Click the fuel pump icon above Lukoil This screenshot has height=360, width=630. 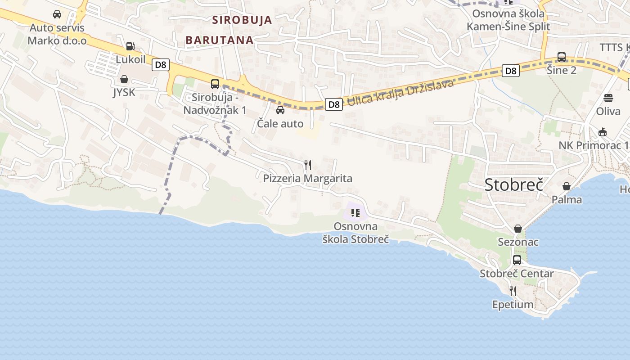pos(130,46)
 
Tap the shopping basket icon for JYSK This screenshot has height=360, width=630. pos(124,79)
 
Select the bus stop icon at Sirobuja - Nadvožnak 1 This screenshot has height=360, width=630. pos(215,84)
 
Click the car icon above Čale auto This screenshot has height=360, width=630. pos(280,110)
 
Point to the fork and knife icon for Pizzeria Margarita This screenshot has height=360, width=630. pos(308,165)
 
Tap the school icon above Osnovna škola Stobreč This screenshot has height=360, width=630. pos(355,212)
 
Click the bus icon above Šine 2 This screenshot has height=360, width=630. pos(562,57)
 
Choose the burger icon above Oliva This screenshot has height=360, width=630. pos(608,98)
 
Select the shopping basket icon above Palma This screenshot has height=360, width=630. pos(567,186)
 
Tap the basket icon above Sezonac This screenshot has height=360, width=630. pos(518,229)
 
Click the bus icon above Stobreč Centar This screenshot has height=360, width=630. pos(517,260)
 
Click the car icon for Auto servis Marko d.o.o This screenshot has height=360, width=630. pos(57,14)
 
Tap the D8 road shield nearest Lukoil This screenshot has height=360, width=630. pos(160,65)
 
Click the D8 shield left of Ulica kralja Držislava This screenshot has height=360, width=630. pos(333,104)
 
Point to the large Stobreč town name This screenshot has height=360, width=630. pos(514,184)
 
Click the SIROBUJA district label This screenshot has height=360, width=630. pos(242,20)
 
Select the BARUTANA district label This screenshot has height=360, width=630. pos(220,40)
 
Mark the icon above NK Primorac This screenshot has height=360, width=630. pos(603,132)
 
